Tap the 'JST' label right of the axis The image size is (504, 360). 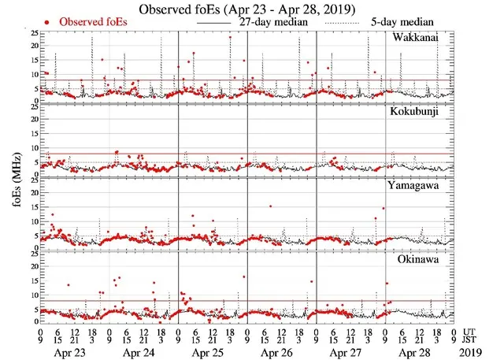point(472,341)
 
